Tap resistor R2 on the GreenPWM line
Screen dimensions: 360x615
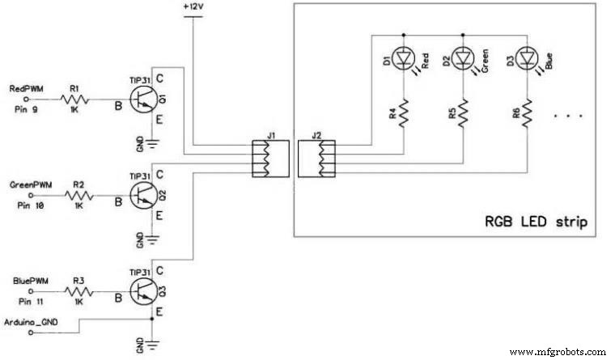[78, 196]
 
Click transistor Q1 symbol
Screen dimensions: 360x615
[143, 100]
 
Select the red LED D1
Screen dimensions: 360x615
[401, 59]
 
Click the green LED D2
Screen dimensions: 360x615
[463, 59]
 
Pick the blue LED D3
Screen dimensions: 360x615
[527, 59]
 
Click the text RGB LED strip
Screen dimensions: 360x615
[536, 221]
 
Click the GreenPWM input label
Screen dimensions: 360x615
[29, 184]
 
